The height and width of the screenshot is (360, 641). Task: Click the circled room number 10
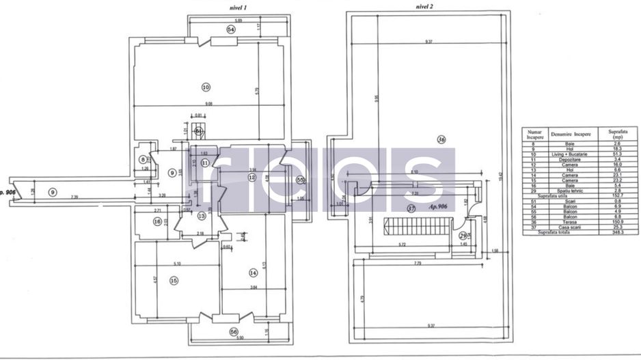206,87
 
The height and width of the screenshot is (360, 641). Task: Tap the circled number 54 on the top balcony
231,29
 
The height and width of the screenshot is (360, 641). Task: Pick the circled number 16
157,221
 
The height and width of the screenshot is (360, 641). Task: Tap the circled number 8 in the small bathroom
143,160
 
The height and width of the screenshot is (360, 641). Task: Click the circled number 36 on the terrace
441,140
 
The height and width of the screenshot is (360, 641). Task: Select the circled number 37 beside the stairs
411,208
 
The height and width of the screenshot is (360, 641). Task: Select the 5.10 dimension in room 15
176,264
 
